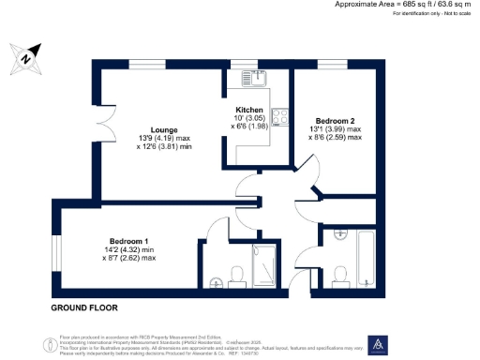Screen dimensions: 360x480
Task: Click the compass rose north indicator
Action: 26,59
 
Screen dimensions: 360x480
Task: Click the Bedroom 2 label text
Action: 335,121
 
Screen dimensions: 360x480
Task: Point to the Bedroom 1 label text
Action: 128,240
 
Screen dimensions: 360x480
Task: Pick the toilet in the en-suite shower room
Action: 238,274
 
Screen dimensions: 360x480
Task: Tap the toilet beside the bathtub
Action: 344,274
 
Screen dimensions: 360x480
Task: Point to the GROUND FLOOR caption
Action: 79,307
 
